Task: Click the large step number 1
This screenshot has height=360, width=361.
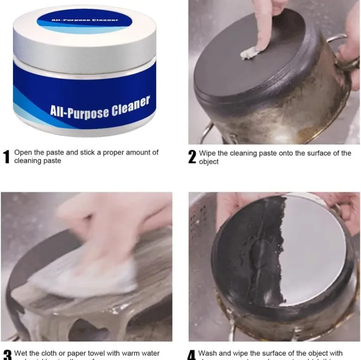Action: click(x=7, y=157)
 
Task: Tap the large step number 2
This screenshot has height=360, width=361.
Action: click(x=192, y=157)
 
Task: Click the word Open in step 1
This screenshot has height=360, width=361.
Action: click(x=23, y=152)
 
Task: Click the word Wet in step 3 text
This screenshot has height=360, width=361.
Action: click(x=21, y=353)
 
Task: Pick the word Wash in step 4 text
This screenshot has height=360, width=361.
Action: click(x=208, y=353)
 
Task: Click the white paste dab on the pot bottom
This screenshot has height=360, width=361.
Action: click(x=249, y=53)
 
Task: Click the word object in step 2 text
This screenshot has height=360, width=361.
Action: click(x=209, y=162)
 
